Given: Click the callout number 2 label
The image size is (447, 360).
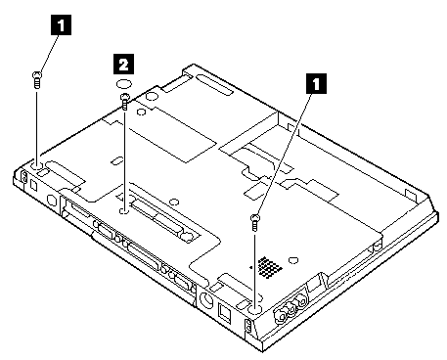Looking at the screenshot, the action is (x=123, y=64).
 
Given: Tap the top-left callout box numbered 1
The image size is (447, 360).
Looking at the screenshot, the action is (x=61, y=25).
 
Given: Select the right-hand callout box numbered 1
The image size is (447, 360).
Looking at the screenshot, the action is (x=315, y=83).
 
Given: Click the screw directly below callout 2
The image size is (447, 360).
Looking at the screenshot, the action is (x=125, y=102).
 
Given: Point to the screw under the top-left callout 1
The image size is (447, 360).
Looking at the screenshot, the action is (x=37, y=80).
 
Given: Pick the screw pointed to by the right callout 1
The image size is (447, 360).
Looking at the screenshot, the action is (x=255, y=222).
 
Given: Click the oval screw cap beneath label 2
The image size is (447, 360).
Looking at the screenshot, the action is (x=124, y=84).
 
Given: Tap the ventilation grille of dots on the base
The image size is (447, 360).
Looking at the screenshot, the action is (x=269, y=268).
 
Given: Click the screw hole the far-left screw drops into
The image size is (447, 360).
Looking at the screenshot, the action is (x=36, y=166).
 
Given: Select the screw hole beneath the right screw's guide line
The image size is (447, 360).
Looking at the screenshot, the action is (x=255, y=309).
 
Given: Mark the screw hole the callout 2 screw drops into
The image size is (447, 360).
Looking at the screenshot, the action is (x=124, y=211).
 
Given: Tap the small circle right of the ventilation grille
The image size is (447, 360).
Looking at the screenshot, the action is (x=293, y=260).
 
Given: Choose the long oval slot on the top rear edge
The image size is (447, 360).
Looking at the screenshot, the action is (x=214, y=84).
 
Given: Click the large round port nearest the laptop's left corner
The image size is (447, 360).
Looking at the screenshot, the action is (x=52, y=200).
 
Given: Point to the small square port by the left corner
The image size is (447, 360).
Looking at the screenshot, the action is (x=34, y=185).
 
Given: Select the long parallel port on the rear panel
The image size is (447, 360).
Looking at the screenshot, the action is (x=145, y=256).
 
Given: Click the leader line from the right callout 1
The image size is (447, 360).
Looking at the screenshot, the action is (x=283, y=154).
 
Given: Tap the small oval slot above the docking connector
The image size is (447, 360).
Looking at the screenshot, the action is (x=117, y=161).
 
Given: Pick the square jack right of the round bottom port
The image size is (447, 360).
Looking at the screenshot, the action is (x=224, y=312).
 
